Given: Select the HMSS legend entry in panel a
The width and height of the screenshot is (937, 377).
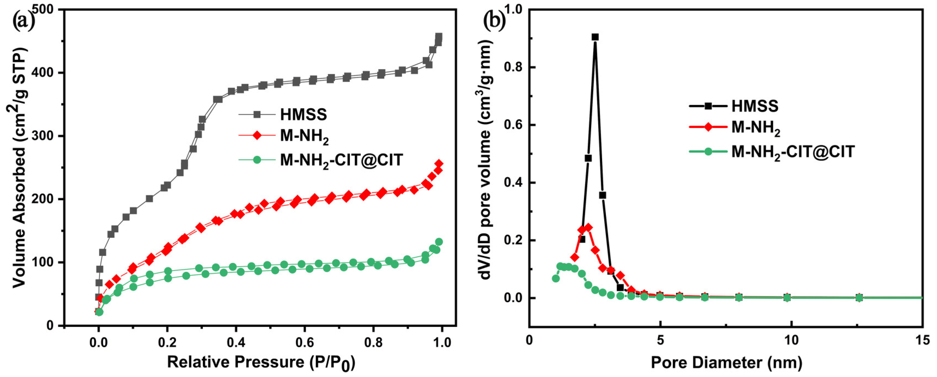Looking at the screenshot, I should pos(303,115).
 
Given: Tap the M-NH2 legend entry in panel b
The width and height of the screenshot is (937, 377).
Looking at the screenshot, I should pos(756,128).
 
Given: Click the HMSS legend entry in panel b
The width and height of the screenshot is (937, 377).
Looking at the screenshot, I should pos(755,106).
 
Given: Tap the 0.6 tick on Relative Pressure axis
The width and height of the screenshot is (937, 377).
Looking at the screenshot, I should pos(305,342).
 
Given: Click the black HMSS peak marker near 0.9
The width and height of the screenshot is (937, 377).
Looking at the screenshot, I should pos(595,37).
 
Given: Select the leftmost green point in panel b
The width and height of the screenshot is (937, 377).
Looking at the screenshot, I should pos(556,278).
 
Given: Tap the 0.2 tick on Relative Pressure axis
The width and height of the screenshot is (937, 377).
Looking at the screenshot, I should pos(167,342).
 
